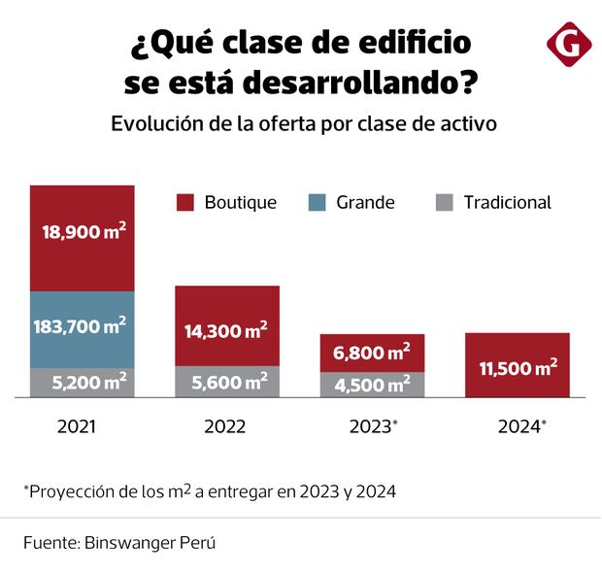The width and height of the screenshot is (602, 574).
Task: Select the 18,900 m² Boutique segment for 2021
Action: click(82, 238)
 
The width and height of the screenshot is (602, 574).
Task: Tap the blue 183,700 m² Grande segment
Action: click(82, 329)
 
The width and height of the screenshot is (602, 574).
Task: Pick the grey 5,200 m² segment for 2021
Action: click(82, 383)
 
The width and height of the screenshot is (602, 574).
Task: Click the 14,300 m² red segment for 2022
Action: click(227, 326)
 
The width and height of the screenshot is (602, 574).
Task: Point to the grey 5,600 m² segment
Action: click(227, 383)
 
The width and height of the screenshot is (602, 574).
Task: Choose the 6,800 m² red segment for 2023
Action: click(373, 353)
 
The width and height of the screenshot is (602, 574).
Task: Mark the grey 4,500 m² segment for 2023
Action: click(373, 385)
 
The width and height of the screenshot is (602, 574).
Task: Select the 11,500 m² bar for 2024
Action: click(518, 365)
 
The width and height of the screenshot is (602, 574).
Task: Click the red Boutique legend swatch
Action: click(185, 203)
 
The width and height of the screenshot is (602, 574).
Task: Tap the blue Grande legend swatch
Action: click(317, 203)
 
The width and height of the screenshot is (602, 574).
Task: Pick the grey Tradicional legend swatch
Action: click(445, 203)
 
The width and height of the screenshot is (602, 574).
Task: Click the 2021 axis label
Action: click(77, 426)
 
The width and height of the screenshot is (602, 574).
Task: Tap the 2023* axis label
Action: click(374, 426)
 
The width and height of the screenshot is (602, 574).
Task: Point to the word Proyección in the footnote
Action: click(74, 491)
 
